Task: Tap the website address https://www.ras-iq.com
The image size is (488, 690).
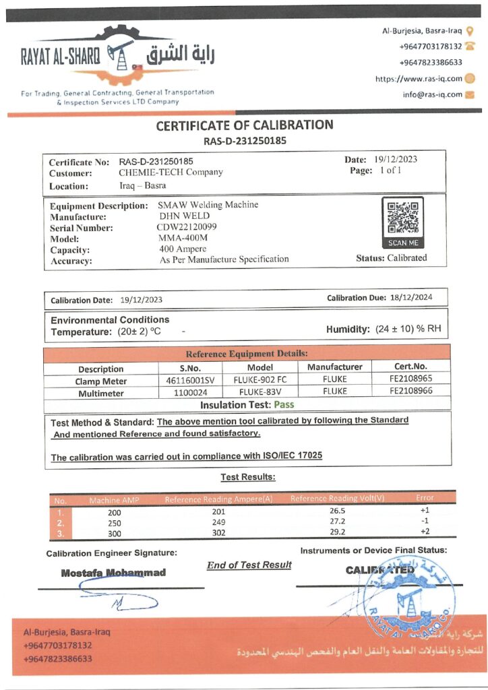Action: tap(419, 79)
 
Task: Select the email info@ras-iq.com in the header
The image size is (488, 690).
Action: tap(433, 95)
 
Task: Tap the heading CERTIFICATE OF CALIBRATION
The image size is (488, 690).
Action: tap(245, 125)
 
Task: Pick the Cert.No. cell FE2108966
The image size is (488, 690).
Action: tap(410, 391)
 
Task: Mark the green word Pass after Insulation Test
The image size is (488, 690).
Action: tap(283, 405)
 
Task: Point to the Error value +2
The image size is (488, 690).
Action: tap(425, 532)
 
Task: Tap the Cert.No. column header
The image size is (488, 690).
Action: tap(410, 367)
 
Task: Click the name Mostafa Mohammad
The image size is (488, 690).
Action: tap(113, 573)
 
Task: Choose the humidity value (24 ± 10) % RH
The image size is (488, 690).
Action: tap(407, 329)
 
